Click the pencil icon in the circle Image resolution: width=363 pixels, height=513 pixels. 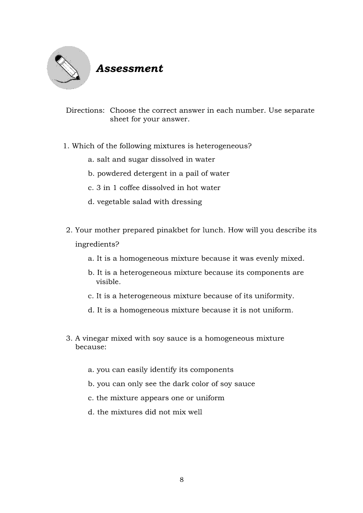(68, 68)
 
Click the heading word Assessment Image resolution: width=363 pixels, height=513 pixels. (129, 68)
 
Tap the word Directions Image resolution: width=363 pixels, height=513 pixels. (85, 111)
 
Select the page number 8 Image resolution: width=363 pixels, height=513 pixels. (181, 480)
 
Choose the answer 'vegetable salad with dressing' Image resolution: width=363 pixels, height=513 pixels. (145, 202)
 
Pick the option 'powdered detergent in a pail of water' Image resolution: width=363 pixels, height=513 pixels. (159, 173)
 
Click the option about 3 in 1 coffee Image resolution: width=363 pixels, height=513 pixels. (154, 188)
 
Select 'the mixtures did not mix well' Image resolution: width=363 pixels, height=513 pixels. (145, 412)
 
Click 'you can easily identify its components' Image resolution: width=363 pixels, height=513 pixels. (161, 370)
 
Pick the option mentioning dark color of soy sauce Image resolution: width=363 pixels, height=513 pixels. (171, 384)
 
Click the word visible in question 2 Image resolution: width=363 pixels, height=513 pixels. (108, 282)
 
